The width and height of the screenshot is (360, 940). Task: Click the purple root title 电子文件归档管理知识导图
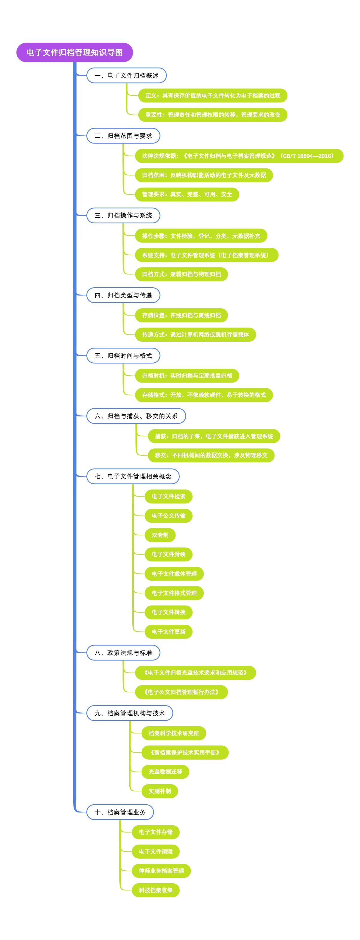tap(74, 53)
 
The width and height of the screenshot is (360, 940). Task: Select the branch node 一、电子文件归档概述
tap(126, 76)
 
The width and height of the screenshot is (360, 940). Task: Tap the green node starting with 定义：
tap(212, 95)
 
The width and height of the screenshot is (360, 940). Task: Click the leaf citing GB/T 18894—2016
tap(238, 156)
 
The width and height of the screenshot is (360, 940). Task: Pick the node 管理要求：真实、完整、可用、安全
tap(187, 195)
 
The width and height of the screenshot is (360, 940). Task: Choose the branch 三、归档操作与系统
tap(123, 215)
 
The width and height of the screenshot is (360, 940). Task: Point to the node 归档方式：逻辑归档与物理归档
tap(181, 274)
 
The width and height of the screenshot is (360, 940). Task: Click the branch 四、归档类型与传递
tap(123, 295)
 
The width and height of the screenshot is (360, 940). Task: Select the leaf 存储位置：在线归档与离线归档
tap(181, 315)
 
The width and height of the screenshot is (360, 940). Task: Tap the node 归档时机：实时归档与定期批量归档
tap(187, 376)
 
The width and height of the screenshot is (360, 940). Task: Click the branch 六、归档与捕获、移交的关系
tap(136, 416)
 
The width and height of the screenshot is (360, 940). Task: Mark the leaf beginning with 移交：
tap(211, 455)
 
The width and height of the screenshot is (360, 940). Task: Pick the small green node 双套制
tap(160, 535)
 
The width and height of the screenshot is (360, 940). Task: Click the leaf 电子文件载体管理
tap(174, 574)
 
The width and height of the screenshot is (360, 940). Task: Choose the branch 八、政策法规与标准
tap(123, 653)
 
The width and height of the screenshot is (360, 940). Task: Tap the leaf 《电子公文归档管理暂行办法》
tap(181, 692)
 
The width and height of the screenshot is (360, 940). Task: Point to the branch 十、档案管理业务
tap(120, 812)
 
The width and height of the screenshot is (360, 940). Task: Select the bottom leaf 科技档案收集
tap(155, 890)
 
